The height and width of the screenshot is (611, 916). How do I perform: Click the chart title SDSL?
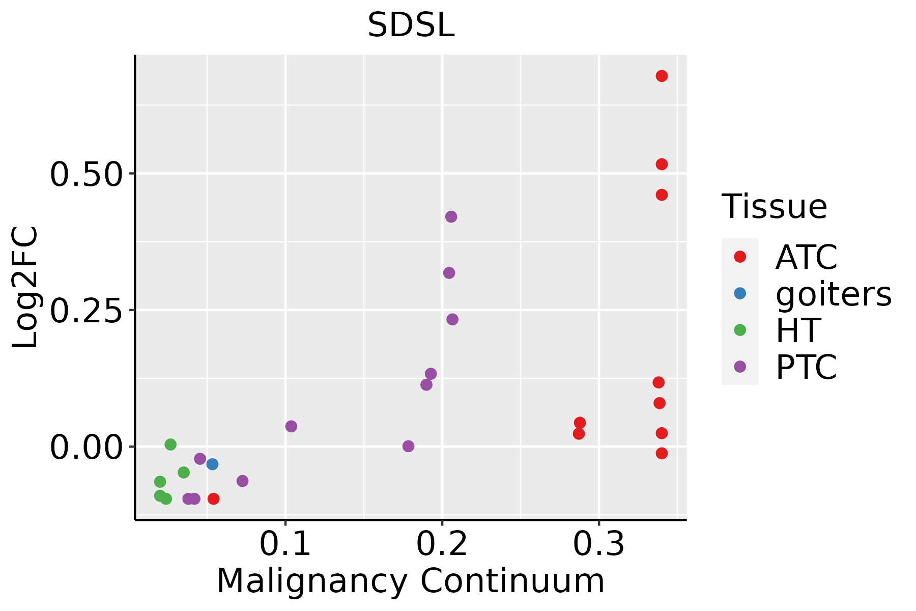[x=411, y=25]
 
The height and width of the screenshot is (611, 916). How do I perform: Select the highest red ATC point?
[x=662, y=76]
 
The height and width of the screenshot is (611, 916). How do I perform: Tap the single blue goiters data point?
[x=212, y=464]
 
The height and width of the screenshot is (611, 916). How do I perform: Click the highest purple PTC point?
[x=451, y=217]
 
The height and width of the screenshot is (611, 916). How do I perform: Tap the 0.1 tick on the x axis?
[x=285, y=544]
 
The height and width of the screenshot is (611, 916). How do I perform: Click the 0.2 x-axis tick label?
[x=442, y=544]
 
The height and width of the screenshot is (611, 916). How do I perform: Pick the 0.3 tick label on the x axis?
[x=598, y=544]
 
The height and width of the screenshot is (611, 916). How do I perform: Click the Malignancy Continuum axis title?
[x=411, y=581]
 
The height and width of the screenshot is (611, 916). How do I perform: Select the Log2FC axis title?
[x=25, y=287]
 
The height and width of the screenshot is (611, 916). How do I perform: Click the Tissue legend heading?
[x=775, y=207]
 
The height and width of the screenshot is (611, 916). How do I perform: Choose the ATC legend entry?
[x=806, y=257]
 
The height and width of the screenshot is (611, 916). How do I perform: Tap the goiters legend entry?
[x=833, y=294]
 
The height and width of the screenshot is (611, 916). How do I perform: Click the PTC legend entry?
[x=806, y=367]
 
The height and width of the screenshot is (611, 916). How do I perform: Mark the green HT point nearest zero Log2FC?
[x=170, y=445]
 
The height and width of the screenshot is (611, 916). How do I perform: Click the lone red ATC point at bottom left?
[x=214, y=499]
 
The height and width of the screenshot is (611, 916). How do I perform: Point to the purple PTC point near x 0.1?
[x=291, y=426]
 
